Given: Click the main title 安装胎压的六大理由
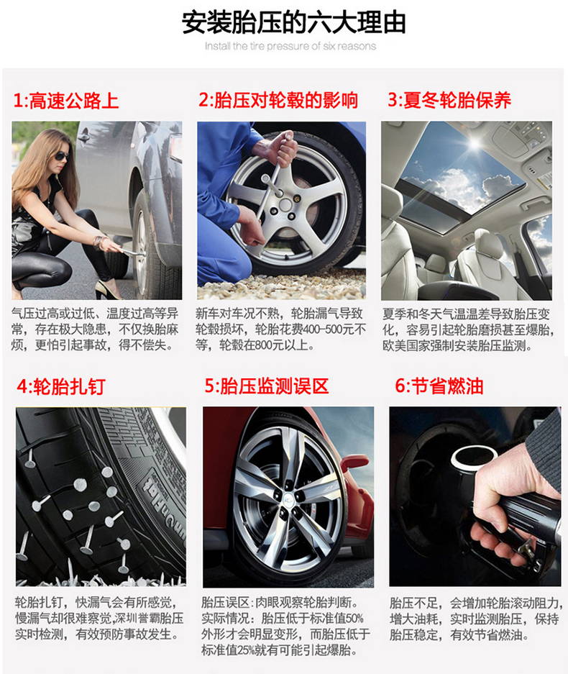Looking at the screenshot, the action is pos(294,22).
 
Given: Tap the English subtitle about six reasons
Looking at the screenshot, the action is pos(290,46).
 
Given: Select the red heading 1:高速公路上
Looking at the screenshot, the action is pos(65,101).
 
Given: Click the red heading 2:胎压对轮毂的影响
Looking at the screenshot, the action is pos(278,100).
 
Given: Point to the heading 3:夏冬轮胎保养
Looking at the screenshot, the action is pos(449,100).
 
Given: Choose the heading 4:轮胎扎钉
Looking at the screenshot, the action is pos(61,386).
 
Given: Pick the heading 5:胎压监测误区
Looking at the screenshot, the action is pos(266,386).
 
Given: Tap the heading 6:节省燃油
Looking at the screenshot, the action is pos(439,386).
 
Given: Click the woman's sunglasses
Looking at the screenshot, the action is pos(61,155).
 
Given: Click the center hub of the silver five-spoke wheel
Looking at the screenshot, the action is pos(285,204).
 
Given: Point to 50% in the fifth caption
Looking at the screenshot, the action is pos(354,618).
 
